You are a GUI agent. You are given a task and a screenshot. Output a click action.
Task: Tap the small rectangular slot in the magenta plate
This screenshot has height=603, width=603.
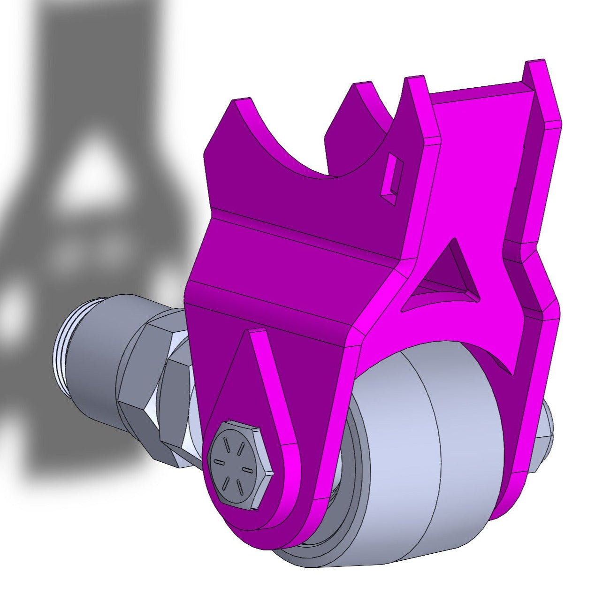(391, 176)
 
